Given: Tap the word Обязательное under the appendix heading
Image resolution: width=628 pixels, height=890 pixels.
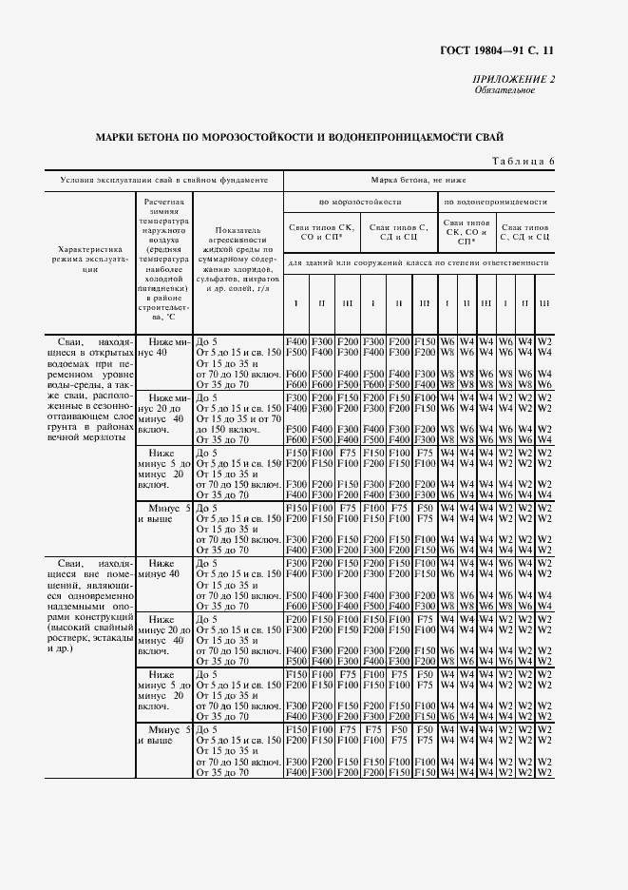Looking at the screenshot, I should (x=504, y=91).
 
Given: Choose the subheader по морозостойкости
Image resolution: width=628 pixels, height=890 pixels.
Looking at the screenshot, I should (x=360, y=202).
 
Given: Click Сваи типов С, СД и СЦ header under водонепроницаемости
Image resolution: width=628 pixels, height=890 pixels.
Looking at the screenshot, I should (x=524, y=232).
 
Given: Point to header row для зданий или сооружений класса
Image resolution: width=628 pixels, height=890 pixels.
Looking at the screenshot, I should (x=418, y=261).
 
